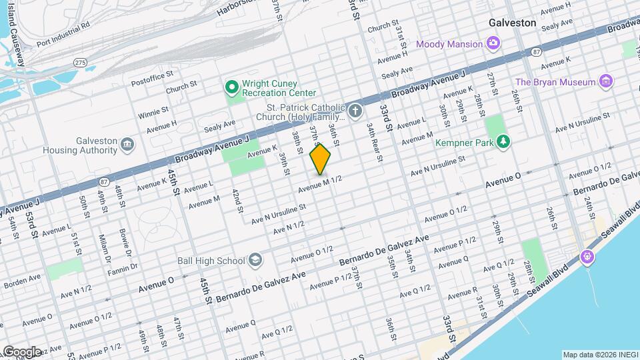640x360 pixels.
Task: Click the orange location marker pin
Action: (x=321, y=159)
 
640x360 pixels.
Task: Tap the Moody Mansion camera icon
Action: (x=493, y=44)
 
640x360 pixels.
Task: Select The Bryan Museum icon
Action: (x=606, y=82)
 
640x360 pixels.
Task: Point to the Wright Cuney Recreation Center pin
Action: (x=231, y=87)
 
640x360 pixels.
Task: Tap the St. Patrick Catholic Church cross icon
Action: (x=356, y=111)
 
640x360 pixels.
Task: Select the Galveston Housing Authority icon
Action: (x=128, y=144)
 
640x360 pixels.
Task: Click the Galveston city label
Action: (x=512, y=23)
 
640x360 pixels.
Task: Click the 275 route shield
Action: (x=80, y=62)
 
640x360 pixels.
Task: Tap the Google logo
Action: (x=21, y=351)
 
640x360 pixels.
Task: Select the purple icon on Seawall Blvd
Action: (x=587, y=256)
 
